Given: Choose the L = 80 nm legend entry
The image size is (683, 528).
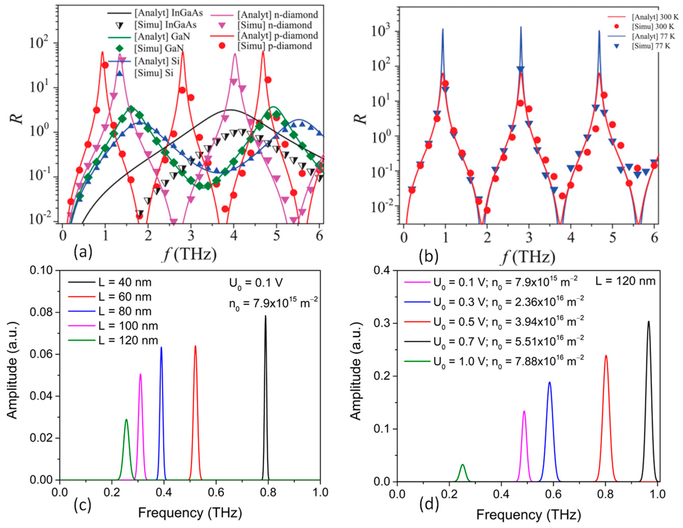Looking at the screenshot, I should (x=125, y=311).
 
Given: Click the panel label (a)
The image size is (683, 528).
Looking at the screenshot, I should (x=83, y=252).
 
